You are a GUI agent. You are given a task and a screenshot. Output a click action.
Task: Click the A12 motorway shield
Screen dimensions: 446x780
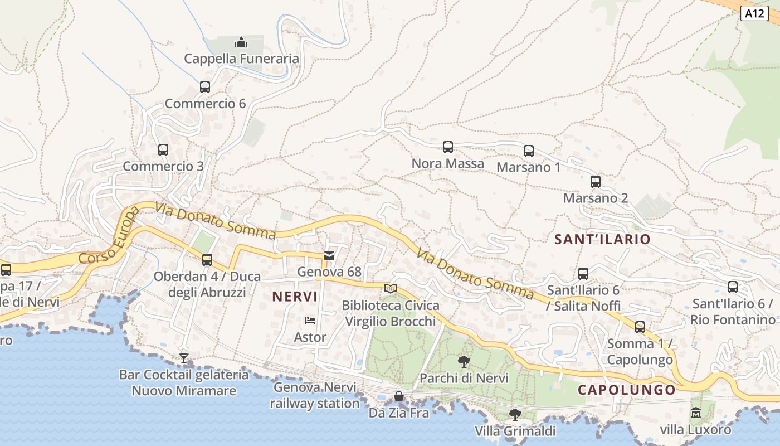pos(754,13)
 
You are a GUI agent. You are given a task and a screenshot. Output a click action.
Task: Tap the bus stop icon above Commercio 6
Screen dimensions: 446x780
pos(205,87)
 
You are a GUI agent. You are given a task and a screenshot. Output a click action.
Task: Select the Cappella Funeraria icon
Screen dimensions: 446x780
pos(241,42)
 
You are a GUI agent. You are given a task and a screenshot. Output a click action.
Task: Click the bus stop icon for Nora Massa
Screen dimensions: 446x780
pos(448,147)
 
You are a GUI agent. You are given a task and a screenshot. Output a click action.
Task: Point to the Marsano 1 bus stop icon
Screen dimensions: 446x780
pos(529,151)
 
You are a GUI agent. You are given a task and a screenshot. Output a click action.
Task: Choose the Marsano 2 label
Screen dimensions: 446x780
pos(596,198)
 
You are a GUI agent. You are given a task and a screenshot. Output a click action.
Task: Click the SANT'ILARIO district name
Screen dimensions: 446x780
pos(602,239)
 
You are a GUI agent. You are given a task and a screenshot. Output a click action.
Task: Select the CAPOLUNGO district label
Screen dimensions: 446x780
pos(626,390)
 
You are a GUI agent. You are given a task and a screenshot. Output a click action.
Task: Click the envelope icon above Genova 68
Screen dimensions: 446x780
pos(329,256)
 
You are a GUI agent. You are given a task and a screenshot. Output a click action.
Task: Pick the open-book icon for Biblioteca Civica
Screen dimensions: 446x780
pos(391,289)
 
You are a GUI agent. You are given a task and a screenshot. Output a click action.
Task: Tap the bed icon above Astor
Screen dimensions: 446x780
pos(310,321)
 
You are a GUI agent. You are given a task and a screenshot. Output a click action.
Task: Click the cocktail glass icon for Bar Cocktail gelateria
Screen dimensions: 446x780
pos(184,358)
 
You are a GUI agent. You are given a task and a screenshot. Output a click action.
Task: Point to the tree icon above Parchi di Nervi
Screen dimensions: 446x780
pos(464,362)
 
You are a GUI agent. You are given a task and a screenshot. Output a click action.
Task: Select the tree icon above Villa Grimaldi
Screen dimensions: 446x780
pos(515,414)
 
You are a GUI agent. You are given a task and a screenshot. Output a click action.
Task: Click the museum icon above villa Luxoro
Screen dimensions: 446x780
pos(695,413)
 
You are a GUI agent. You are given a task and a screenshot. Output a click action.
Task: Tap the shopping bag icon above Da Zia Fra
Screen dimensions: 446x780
pos(399,396)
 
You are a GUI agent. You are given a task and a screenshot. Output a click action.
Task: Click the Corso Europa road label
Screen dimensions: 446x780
pos(109,236)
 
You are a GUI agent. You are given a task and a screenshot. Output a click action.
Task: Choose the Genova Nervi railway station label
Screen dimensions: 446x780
pos(314,395)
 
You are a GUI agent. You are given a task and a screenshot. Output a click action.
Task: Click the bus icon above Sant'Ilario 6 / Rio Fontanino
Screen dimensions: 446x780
pos(733,287)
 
